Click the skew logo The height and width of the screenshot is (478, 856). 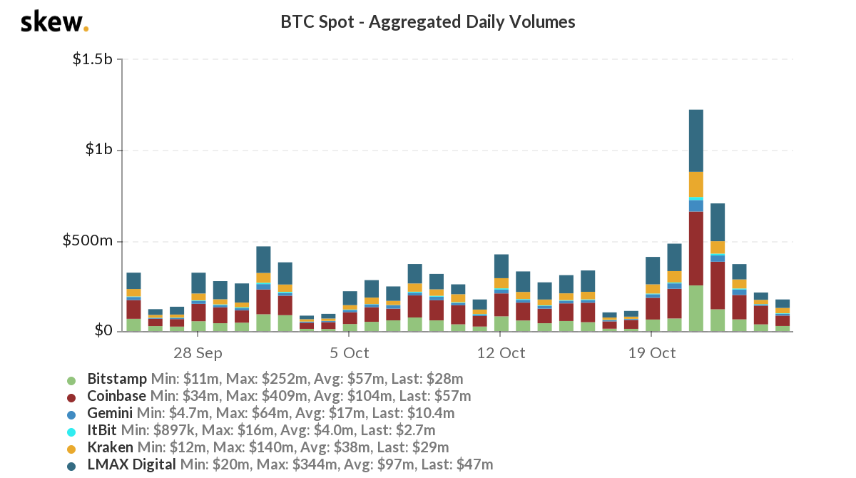point(54,22)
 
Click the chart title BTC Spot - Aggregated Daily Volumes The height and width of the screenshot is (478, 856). point(428,22)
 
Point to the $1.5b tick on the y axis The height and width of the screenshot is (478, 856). point(93,59)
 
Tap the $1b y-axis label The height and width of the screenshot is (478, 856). point(99,150)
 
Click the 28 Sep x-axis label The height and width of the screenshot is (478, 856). point(198,353)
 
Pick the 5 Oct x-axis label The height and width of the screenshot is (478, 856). point(350,353)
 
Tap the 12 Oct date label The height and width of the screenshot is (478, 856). point(501,353)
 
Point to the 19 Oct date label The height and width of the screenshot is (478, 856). point(653,353)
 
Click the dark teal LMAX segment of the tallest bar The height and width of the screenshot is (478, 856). point(696,141)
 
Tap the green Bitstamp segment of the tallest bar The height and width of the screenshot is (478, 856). point(696,308)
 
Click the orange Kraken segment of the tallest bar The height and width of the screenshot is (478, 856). point(696,184)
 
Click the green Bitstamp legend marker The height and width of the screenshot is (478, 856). point(71,380)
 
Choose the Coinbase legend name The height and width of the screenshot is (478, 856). point(116,396)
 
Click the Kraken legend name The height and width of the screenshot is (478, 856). point(110,448)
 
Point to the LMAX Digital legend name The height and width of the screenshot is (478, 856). point(131,465)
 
